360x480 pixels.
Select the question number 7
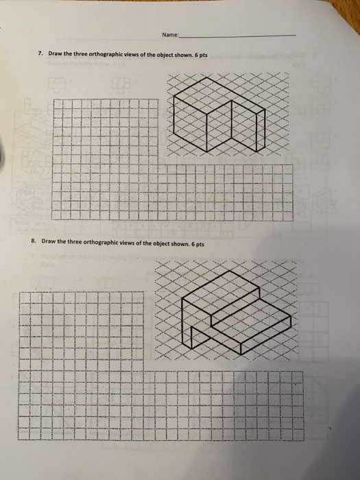41,53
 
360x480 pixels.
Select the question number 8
33,242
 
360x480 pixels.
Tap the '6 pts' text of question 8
195,242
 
